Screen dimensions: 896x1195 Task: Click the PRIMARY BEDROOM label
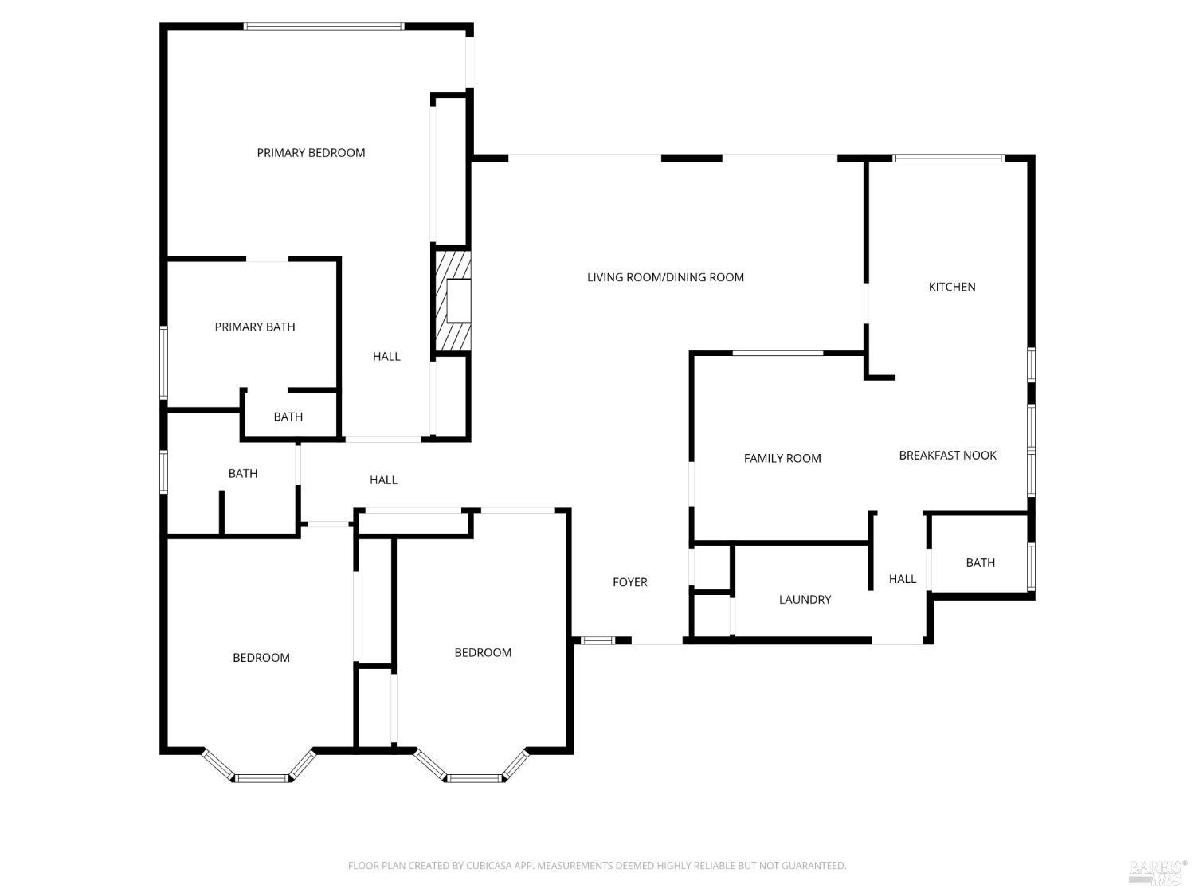311,153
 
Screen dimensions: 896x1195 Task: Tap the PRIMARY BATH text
255,327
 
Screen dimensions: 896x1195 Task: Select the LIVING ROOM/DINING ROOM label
665,277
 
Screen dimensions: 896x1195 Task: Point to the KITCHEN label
952,287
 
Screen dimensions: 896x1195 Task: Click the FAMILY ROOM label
782,458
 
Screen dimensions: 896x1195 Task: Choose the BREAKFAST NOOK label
947,456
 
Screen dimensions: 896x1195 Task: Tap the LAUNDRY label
805,600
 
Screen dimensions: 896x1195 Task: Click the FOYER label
629,582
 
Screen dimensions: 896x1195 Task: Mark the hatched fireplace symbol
451,300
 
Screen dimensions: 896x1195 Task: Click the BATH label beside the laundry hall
980,563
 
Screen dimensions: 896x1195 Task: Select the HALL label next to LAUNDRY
903,579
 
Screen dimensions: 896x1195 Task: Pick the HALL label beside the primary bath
386,357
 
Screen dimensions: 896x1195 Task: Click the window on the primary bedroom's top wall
323,26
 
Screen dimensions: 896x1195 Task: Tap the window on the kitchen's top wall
948,158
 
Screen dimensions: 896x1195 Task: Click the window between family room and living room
777,353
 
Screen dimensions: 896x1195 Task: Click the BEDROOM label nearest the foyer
483,653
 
